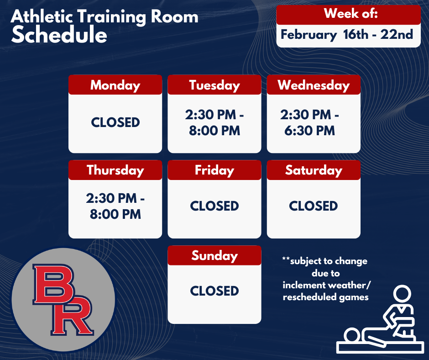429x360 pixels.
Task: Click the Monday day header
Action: pyautogui.click(x=115, y=85)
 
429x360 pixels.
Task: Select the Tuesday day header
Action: pyautogui.click(x=214, y=85)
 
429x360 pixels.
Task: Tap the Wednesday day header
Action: pyautogui.click(x=314, y=85)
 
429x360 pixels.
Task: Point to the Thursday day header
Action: pyautogui.click(x=115, y=170)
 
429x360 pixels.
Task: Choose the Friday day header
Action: pyautogui.click(x=214, y=170)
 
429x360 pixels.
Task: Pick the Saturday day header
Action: pyautogui.click(x=314, y=170)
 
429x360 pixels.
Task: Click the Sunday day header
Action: pyautogui.click(x=214, y=255)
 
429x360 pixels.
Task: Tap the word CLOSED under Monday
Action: pyautogui.click(x=115, y=122)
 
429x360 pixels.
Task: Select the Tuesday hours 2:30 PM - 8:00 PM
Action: pyautogui.click(x=214, y=123)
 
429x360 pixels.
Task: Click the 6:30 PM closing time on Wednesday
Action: pyautogui.click(x=310, y=131)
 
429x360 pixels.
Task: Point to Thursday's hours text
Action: pyautogui.click(x=115, y=206)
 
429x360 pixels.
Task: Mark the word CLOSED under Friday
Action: pyautogui.click(x=214, y=206)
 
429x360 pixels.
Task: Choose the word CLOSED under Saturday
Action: pyautogui.click(x=314, y=206)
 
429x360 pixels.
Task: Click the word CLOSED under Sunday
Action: pyautogui.click(x=214, y=291)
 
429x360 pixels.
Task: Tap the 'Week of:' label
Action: pyautogui.click(x=351, y=14)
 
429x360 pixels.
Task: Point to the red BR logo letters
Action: pyautogui.click(x=63, y=300)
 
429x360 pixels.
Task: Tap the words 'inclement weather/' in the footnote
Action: pyautogui.click(x=327, y=286)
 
